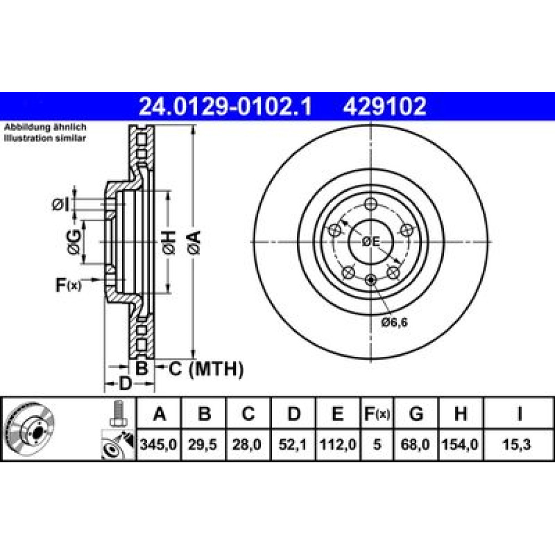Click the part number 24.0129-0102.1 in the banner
225,106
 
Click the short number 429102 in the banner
385,106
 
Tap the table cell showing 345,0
158,445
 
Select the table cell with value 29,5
203,445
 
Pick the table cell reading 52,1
292,445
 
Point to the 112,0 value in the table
337,445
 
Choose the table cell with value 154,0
460,445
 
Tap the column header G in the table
416,413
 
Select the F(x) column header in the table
377,413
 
